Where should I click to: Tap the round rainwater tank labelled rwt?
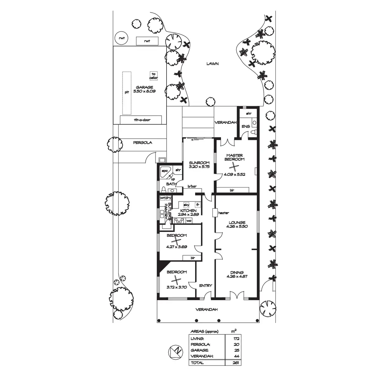122,38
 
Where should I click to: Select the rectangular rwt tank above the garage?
147,41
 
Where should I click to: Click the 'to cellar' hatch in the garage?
154,76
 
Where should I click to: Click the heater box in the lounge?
215,213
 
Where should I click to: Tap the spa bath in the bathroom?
166,172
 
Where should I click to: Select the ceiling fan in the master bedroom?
234,167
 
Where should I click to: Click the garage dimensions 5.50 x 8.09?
144,91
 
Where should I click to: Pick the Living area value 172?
236,339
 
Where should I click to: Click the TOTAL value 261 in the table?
236,363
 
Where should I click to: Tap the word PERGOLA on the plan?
142,142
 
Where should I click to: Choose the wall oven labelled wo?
189,221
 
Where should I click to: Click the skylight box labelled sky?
186,205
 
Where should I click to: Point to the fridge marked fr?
198,205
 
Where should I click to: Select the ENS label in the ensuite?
246,126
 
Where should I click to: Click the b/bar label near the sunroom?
192,186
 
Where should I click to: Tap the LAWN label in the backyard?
212,64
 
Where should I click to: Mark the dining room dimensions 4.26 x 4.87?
237,276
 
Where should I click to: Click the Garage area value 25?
237,350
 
